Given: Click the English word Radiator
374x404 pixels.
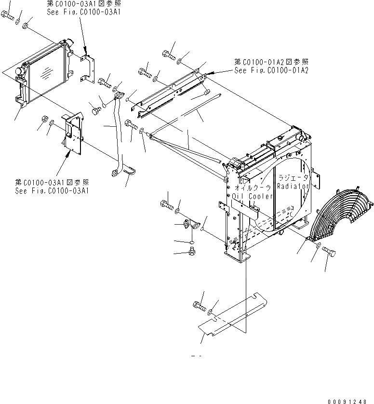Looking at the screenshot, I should click(296, 186).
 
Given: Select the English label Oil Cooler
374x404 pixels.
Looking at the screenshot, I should click(253, 196).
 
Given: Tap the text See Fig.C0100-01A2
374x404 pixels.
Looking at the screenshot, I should click(271, 70).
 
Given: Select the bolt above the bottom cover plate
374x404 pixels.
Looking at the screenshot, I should click(198, 305).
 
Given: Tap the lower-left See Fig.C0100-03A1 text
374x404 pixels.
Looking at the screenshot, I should click(52, 190).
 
